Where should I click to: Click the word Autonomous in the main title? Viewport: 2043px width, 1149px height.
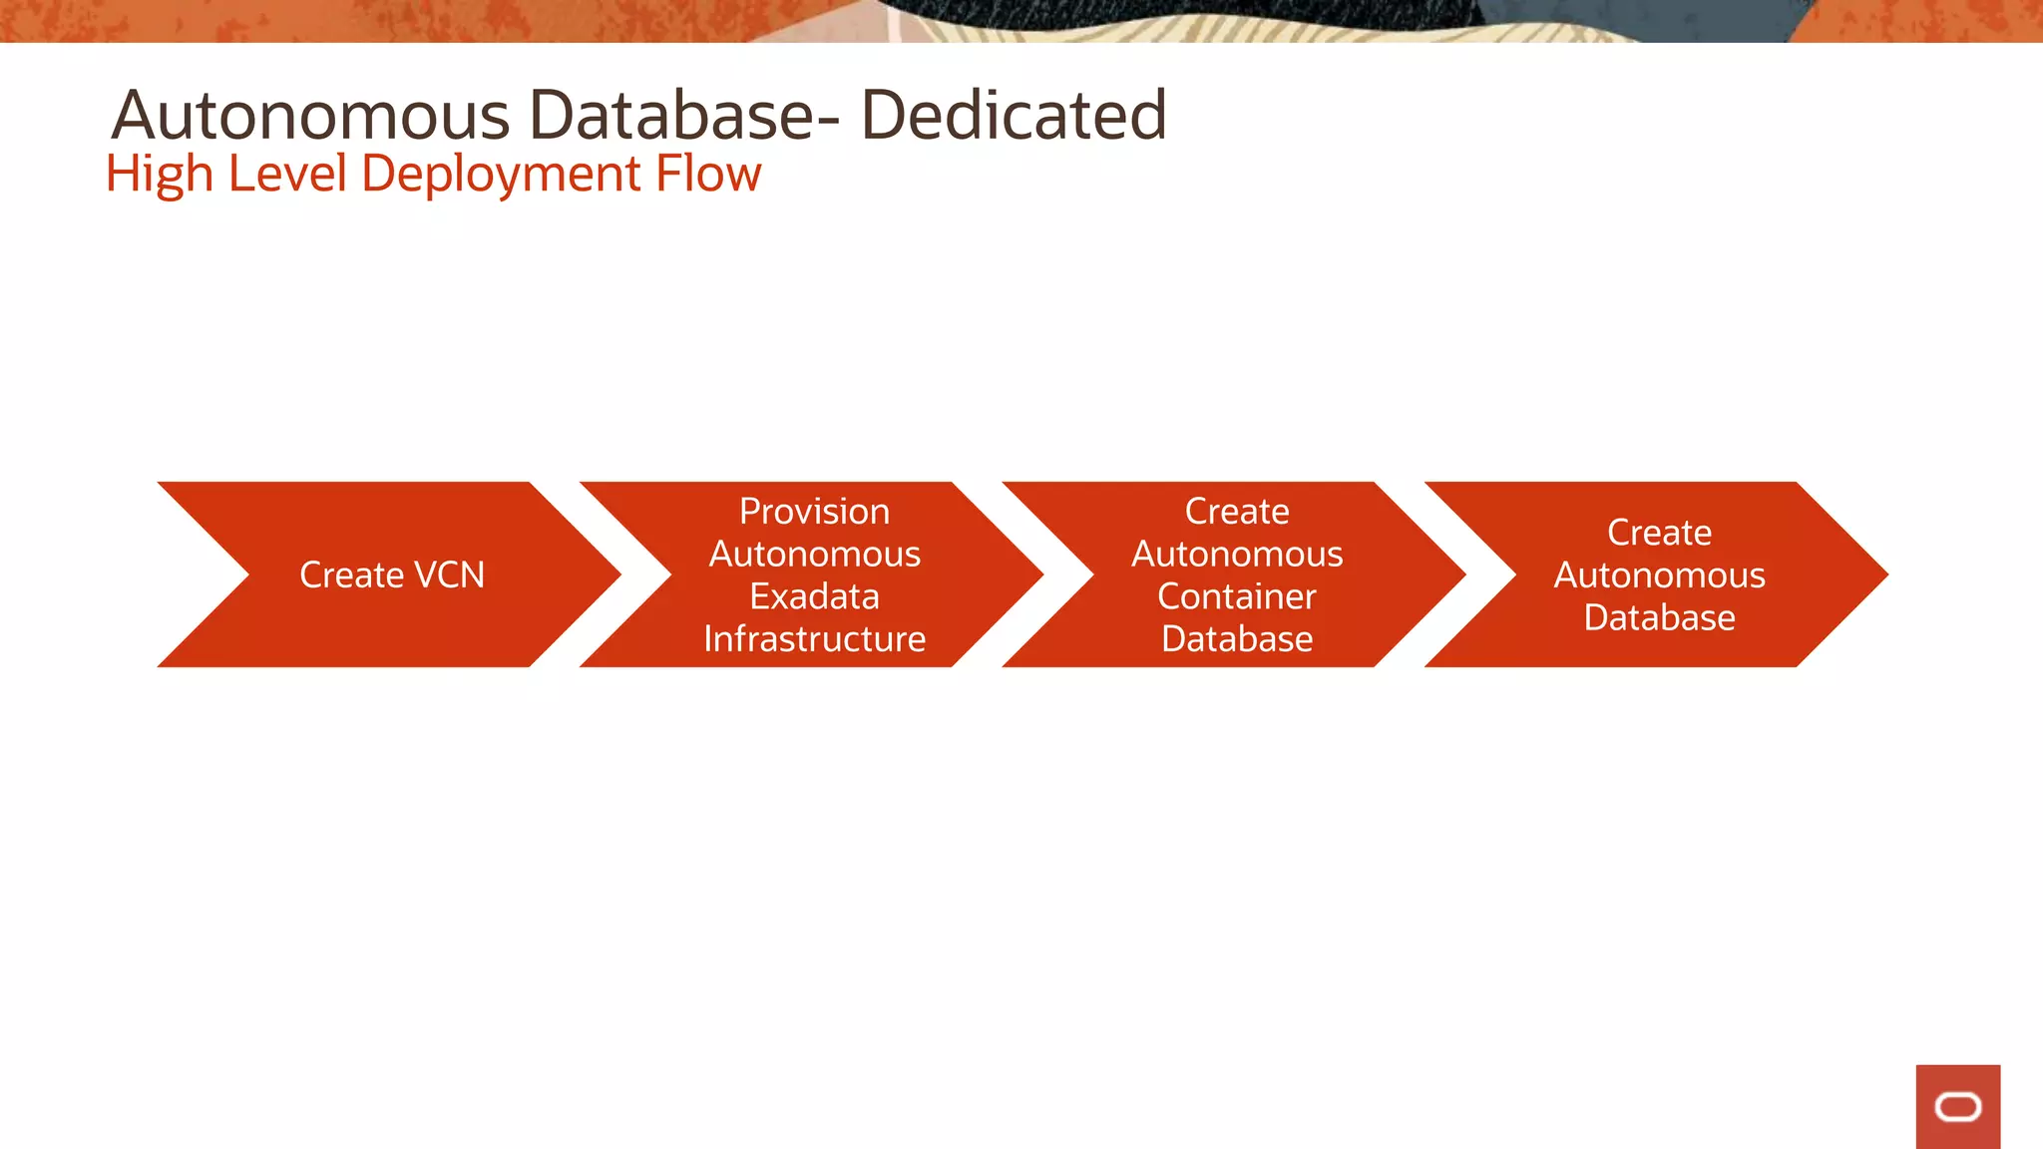pos(310,116)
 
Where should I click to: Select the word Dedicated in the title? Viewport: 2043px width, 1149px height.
pos(1013,116)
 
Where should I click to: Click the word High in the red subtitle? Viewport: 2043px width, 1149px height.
pos(159,176)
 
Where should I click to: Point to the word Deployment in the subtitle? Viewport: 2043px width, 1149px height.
pos(501,176)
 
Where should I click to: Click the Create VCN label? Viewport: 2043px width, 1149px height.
pos(392,575)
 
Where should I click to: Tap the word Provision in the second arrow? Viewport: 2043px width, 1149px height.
pos(814,512)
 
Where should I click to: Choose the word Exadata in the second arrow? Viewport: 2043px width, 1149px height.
pos(814,596)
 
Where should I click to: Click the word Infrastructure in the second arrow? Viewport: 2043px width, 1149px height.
pos(814,639)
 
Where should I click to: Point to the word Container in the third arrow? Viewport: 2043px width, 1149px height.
pos(1237,596)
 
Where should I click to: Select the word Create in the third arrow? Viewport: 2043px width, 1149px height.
pos(1237,512)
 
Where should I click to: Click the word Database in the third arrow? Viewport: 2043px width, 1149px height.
pos(1237,639)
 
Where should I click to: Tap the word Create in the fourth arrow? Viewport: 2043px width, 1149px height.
pos(1659,533)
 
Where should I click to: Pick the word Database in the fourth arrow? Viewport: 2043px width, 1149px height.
pos(1659,618)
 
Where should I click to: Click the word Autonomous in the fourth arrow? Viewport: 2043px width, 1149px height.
pos(1659,575)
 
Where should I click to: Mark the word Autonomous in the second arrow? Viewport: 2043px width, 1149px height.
pos(814,555)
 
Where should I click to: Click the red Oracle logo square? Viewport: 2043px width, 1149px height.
pos(1957,1106)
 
